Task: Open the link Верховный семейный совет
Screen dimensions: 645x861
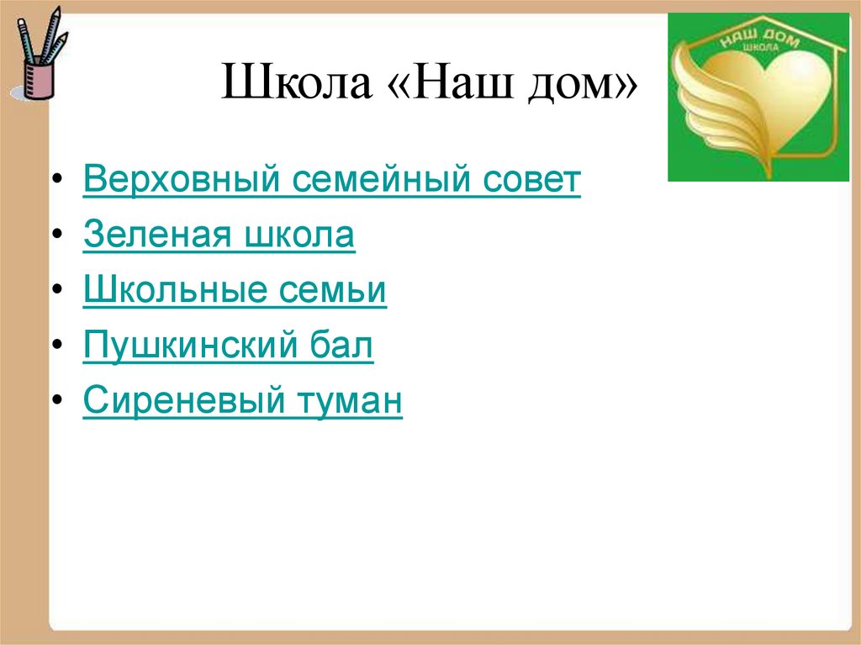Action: click(x=332, y=181)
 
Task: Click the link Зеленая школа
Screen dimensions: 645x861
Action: click(x=219, y=236)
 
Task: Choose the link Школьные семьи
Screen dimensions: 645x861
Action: click(x=235, y=291)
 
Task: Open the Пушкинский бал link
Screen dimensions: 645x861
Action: click(x=228, y=346)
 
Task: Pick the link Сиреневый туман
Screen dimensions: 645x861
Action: click(x=243, y=402)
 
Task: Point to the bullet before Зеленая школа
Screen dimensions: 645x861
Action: click(x=55, y=237)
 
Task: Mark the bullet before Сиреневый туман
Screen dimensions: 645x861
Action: click(x=55, y=403)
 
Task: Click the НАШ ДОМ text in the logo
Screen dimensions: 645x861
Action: click(x=753, y=37)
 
